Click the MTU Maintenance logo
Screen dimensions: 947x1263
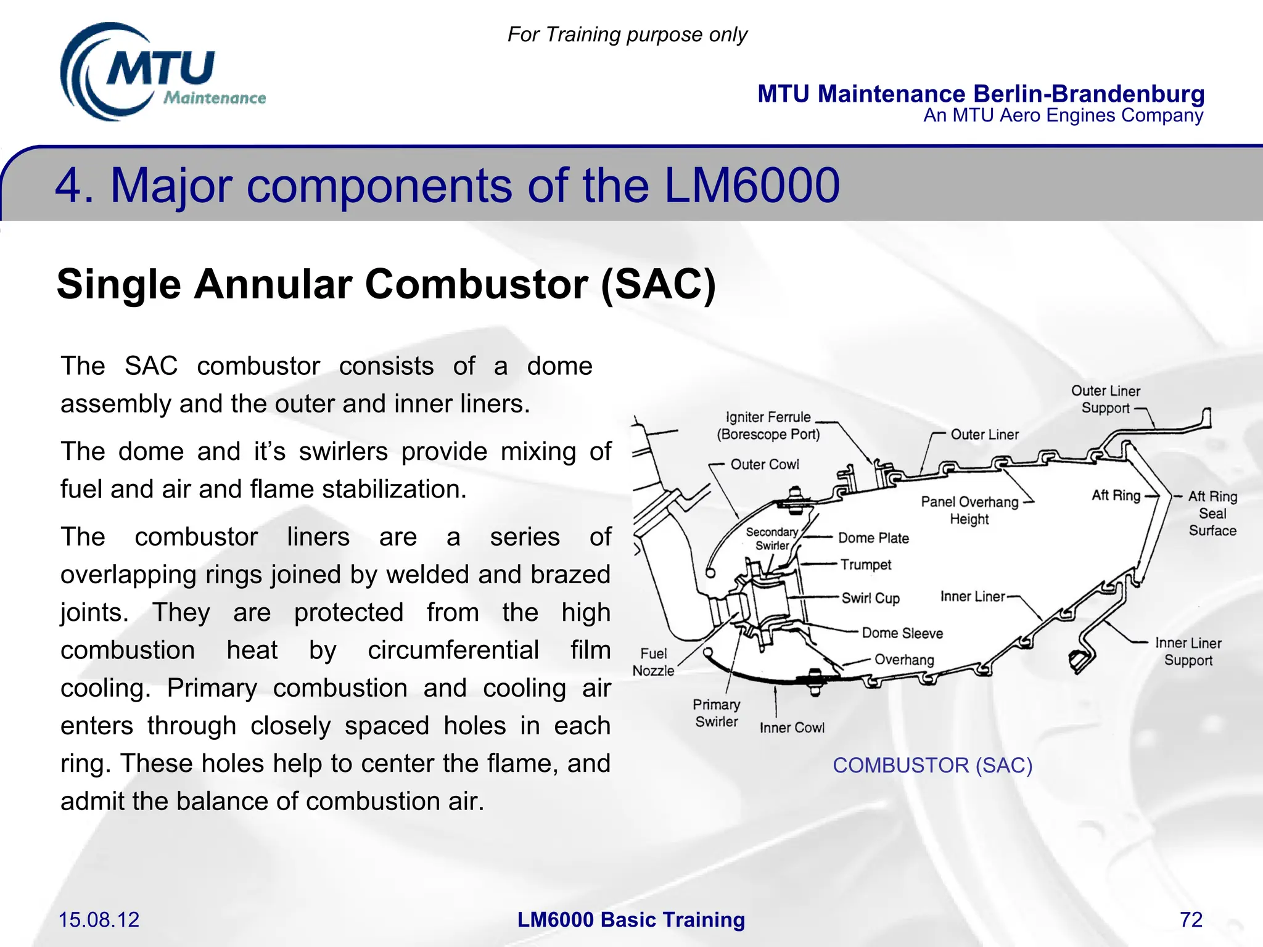click(162, 73)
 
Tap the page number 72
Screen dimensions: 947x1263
click(1191, 919)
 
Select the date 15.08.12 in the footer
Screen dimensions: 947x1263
click(99, 919)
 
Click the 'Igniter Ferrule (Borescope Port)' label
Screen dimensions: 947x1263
click(768, 425)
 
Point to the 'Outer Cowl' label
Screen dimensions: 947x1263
click(764, 464)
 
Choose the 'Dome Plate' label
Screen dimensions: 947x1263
click(873, 538)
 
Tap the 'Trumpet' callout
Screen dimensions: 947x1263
click(866, 565)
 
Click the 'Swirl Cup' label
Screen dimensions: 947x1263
click(870, 598)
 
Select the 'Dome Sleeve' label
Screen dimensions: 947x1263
click(902, 633)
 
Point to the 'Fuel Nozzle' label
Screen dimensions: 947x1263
click(653, 662)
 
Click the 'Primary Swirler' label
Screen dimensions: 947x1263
click(716, 713)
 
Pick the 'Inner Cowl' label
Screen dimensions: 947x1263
click(792, 728)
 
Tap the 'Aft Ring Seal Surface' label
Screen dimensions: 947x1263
click(1212, 514)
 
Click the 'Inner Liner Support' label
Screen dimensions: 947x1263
click(1188, 652)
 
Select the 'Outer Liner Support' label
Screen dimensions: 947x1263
click(1106, 400)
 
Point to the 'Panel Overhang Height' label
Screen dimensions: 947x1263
click(969, 510)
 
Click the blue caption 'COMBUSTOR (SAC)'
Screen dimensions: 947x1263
click(932, 765)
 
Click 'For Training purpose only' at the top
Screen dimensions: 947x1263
click(627, 35)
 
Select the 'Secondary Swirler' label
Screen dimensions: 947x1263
click(772, 539)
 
